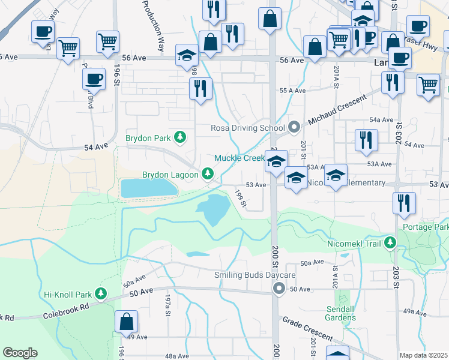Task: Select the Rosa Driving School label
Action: tap(247, 128)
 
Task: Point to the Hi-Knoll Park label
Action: tap(66, 295)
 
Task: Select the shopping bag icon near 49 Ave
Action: tap(127, 322)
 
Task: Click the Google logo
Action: tap(20, 353)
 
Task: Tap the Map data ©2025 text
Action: tap(424, 355)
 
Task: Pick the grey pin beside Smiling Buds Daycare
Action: tap(279, 289)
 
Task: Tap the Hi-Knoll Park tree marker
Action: tap(101, 294)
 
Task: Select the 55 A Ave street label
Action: tap(293, 90)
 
